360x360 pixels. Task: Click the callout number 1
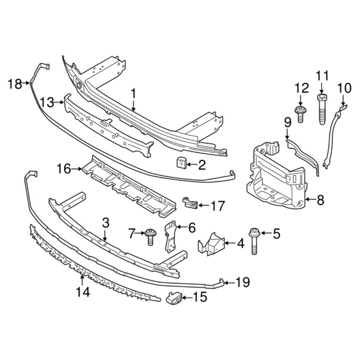pos(133,94)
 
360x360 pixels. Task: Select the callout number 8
pos(320,201)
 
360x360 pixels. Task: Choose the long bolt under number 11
pos(322,110)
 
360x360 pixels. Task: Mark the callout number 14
pos(83,292)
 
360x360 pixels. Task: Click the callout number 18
pos(15,84)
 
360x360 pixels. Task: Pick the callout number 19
pos(242,283)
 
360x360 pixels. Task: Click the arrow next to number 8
pos(308,201)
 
